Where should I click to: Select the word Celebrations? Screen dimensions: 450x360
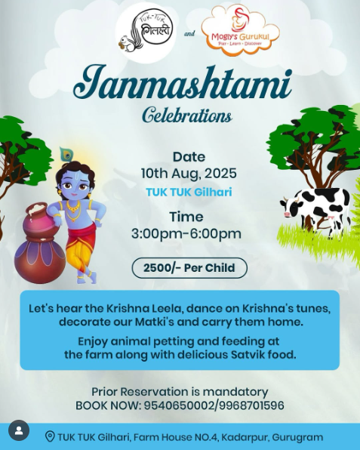187,116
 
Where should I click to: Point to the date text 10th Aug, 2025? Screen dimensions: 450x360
189,174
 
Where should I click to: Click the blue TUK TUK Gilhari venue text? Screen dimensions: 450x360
189,193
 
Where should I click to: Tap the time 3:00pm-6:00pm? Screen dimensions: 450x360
186,234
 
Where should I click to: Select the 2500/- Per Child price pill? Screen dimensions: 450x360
189,268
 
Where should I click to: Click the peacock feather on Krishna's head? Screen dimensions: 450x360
66,156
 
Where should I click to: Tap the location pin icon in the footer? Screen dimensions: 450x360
50,436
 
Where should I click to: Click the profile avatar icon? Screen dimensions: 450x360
19,430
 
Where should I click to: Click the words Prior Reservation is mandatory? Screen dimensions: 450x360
180,392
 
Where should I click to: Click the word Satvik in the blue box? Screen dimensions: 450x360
249,354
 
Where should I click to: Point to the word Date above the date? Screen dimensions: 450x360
189,157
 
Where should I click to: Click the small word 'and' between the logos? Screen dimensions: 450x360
189,34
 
